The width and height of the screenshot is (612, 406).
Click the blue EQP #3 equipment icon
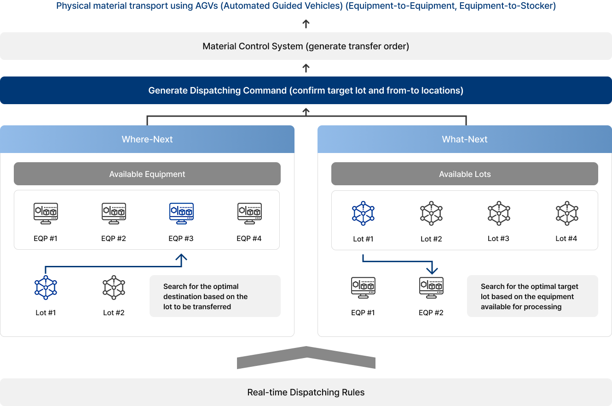pyautogui.click(x=181, y=213)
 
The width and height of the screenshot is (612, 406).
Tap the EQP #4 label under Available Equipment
pyautogui.click(x=249, y=239)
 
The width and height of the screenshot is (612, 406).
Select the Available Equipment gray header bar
pyautogui.click(x=147, y=174)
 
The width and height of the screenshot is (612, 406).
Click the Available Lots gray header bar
pyautogui.click(x=465, y=174)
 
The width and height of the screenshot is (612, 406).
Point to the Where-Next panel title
pyautogui.click(x=147, y=139)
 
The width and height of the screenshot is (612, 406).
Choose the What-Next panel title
pyautogui.click(x=465, y=139)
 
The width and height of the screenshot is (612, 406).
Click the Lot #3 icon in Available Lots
pyautogui.click(x=499, y=213)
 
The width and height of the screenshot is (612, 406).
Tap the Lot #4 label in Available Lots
pyautogui.click(x=566, y=239)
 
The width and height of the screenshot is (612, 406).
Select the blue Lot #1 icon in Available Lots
pyautogui.click(x=363, y=213)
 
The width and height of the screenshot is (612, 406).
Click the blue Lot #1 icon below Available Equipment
pyautogui.click(x=46, y=288)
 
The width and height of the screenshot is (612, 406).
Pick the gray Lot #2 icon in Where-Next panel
pyautogui.click(x=114, y=288)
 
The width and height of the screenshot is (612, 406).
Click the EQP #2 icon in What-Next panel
pyautogui.click(x=432, y=288)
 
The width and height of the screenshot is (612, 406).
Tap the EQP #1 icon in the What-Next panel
pyautogui.click(x=363, y=288)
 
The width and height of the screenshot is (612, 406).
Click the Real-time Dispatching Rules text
pyautogui.click(x=306, y=392)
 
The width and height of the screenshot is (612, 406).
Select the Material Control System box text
pyautogui.click(x=306, y=46)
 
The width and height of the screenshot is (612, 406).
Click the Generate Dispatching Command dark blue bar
pyautogui.click(x=306, y=90)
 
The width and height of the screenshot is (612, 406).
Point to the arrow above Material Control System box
pyautogui.click(x=306, y=24)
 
